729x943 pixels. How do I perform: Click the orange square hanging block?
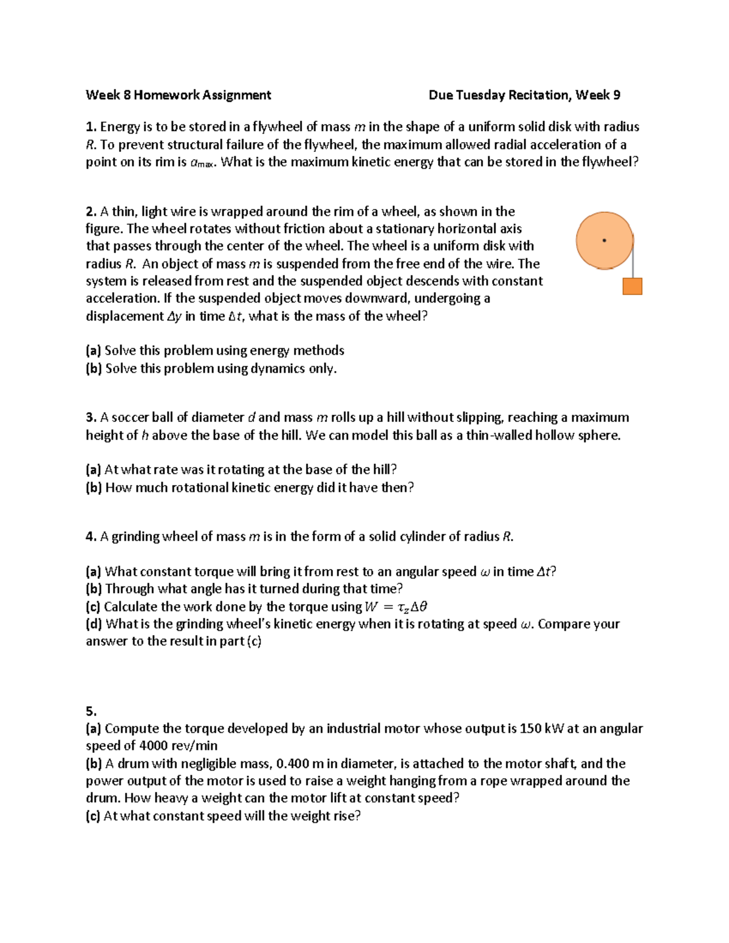[x=632, y=287]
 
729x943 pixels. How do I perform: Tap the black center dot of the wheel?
[x=604, y=240]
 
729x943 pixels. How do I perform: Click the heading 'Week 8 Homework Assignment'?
[x=178, y=95]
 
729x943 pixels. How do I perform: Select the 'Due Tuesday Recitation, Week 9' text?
[x=524, y=95]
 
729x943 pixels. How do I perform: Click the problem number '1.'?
[x=91, y=127]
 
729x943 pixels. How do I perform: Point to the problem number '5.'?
[x=91, y=711]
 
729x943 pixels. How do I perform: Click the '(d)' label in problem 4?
[x=94, y=624]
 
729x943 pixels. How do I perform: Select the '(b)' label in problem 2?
[x=94, y=369]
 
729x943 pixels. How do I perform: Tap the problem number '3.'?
[x=91, y=417]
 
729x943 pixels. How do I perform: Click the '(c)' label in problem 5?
[x=94, y=815]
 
